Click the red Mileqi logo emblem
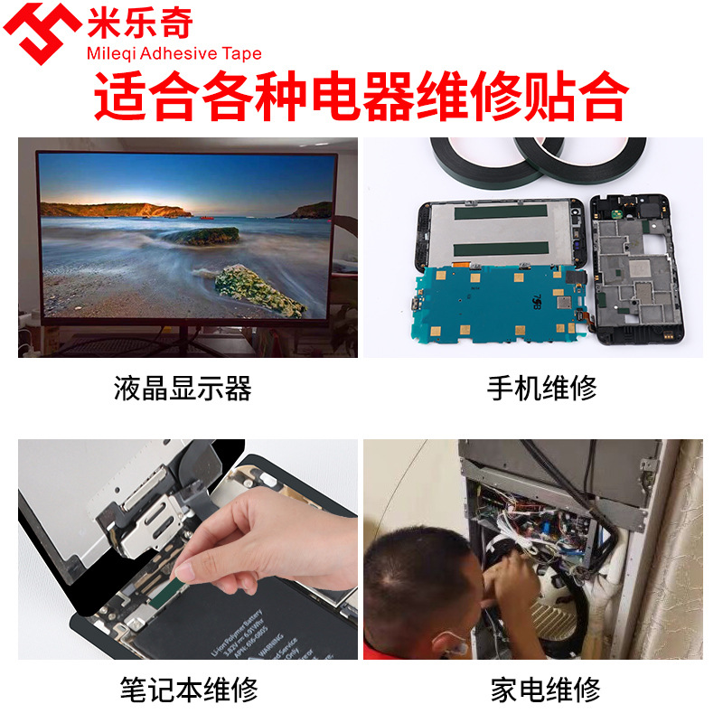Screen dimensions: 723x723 pos(42,33)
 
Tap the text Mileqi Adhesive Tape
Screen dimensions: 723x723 pos(172,53)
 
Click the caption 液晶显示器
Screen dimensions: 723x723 pos(183,389)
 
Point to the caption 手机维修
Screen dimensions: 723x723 pos(541,389)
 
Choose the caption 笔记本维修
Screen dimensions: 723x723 pos(189,690)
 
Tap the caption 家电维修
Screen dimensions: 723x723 pos(546,690)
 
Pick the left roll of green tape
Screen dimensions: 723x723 pos(479,161)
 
